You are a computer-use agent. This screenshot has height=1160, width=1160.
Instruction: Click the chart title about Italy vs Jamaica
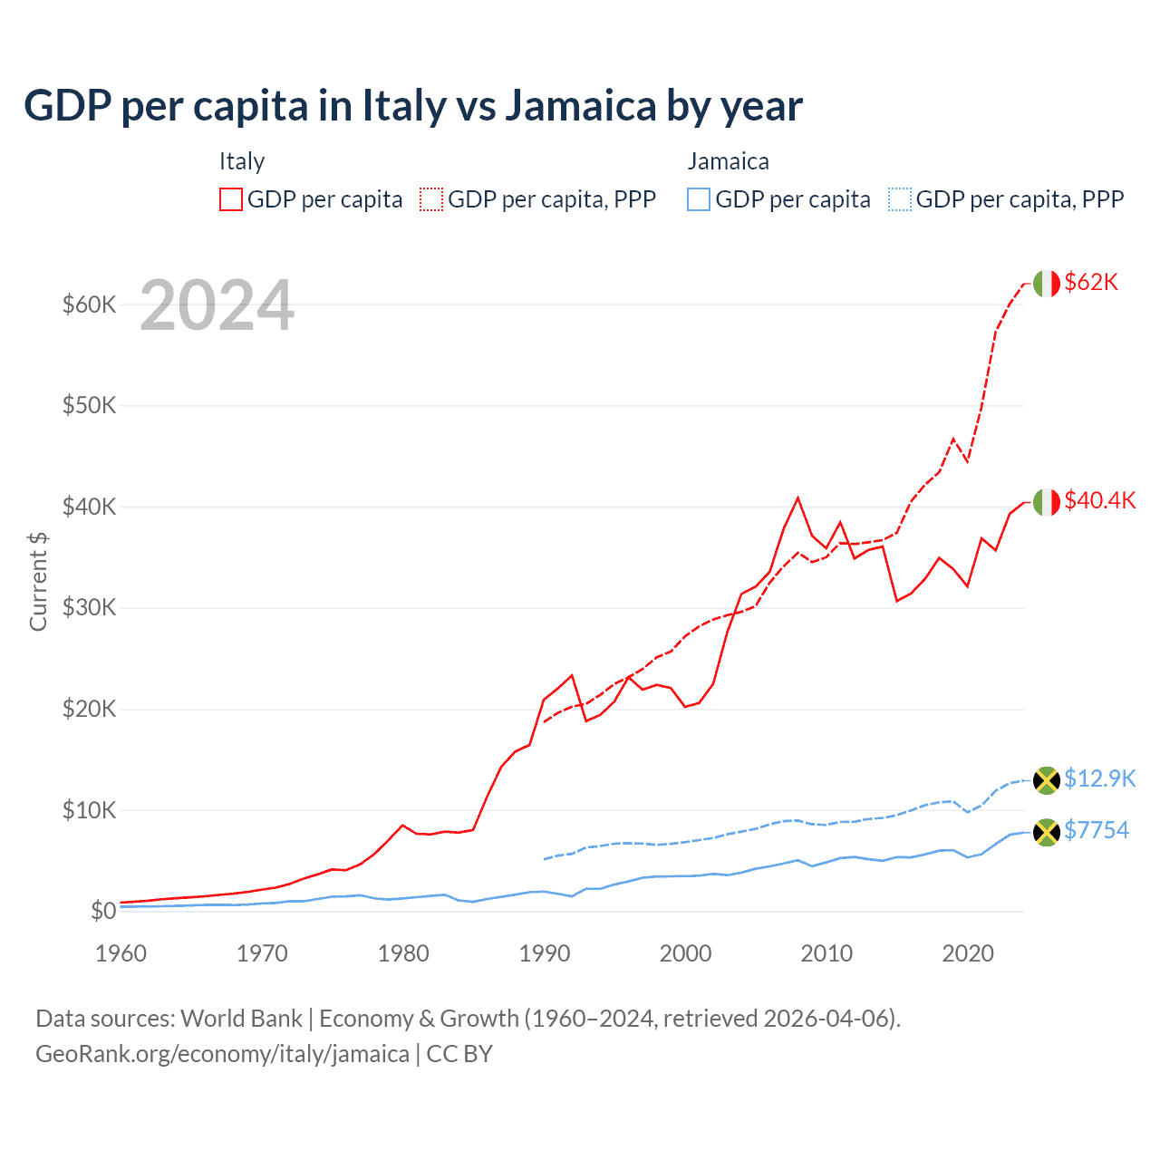coord(412,105)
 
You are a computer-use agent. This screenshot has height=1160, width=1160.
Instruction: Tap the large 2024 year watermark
coord(217,305)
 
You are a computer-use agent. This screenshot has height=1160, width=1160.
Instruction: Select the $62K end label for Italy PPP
coord(1091,282)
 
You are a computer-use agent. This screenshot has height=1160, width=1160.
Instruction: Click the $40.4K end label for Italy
coord(1099,500)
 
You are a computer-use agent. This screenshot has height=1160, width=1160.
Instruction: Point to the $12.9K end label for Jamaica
coord(1099,778)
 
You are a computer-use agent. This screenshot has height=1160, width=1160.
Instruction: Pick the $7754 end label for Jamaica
coord(1096,830)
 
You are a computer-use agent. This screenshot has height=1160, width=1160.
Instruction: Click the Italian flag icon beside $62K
coord(1047,284)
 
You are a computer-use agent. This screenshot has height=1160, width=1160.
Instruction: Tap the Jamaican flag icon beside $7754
coord(1047,832)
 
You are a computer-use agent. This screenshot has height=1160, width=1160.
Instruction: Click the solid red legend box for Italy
coord(231,199)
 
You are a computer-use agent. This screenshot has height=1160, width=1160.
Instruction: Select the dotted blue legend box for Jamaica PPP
coord(900,199)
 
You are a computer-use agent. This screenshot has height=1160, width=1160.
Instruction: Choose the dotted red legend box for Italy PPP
coord(431,199)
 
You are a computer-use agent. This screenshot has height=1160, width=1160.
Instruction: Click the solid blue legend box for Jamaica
coord(699,199)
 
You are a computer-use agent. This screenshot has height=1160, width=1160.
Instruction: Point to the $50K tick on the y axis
coord(89,405)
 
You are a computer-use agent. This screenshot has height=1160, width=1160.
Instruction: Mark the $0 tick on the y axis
coord(103,911)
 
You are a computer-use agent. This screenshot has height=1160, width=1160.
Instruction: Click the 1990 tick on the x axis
coord(545,953)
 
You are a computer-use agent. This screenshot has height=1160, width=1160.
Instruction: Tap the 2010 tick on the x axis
coord(826,953)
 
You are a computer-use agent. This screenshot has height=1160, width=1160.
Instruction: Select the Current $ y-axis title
coord(38,581)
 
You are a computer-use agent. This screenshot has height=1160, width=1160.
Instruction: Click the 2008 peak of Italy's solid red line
coord(797,498)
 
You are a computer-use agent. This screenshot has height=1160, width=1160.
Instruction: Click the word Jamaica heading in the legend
coord(728,161)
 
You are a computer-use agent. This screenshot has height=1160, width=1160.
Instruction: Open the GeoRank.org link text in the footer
coord(222,1054)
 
